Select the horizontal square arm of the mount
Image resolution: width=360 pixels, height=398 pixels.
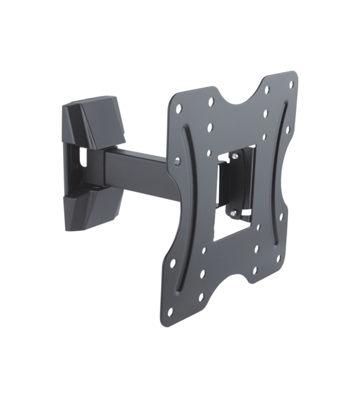pos(139,168)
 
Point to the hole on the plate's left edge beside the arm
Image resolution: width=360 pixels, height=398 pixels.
pos(177,162)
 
